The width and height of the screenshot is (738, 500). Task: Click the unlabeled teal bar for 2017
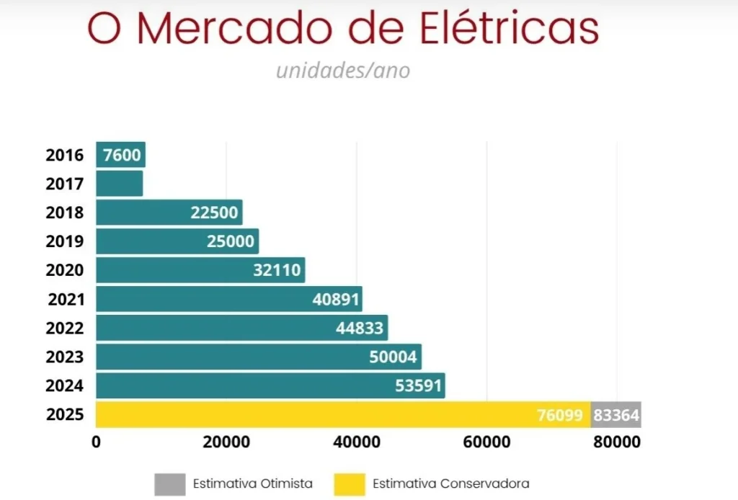pyautogui.click(x=120, y=184)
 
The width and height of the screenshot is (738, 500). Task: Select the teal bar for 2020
pyautogui.click(x=200, y=270)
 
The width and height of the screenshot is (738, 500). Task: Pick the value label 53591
pyautogui.click(x=418, y=386)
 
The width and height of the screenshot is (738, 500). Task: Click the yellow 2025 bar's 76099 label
pyautogui.click(x=560, y=416)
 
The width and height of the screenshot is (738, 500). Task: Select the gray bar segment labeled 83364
pyautogui.click(x=616, y=416)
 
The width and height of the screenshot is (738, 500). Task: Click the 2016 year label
pyautogui.click(x=65, y=155)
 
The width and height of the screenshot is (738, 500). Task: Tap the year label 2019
pyautogui.click(x=65, y=241)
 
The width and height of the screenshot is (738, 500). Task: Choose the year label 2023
pyautogui.click(x=65, y=357)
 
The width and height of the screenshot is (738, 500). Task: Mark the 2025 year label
pyautogui.click(x=65, y=415)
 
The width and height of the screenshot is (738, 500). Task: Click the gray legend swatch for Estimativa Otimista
pyautogui.click(x=168, y=483)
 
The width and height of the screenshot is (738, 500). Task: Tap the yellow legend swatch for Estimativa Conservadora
pyautogui.click(x=349, y=483)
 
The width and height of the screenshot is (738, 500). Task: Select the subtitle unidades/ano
pyautogui.click(x=343, y=71)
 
